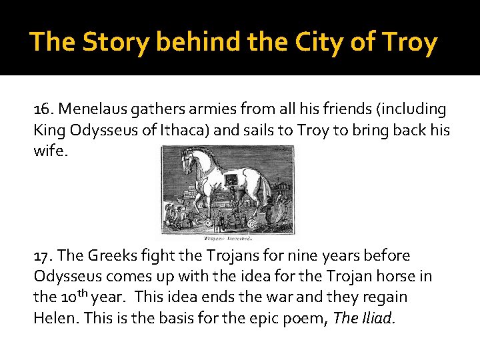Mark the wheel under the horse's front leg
(207, 223)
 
